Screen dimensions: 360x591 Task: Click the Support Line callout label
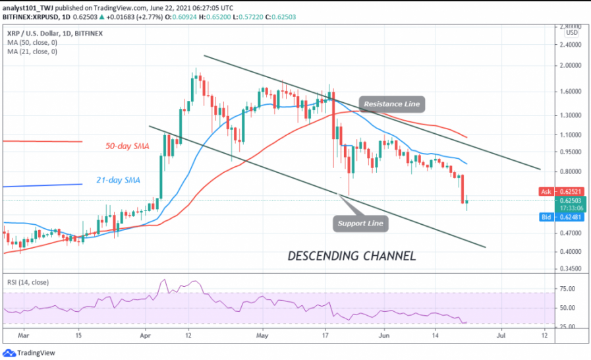pyautogui.click(x=360, y=224)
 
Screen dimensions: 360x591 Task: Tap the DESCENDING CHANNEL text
pyautogui.click(x=352, y=255)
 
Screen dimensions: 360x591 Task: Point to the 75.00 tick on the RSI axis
pyautogui.click(x=569, y=289)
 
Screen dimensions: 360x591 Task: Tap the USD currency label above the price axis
pyautogui.click(x=573, y=32)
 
